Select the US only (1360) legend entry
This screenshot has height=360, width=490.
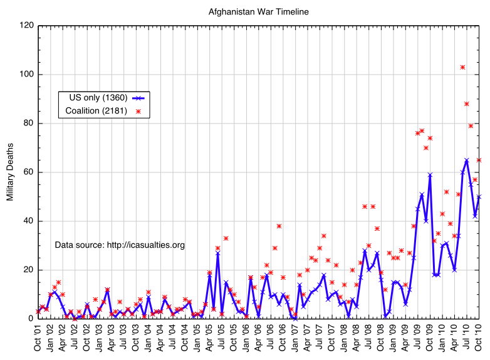pyautogui.click(x=93, y=98)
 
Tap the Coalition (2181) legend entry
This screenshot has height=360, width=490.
pyautogui.click(x=96, y=111)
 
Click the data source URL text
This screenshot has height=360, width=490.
pyautogui.click(x=120, y=245)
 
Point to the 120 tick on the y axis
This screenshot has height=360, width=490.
pyautogui.click(x=26, y=26)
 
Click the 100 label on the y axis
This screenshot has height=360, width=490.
pyautogui.click(x=26, y=75)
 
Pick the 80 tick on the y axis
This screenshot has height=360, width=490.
pyautogui.click(x=28, y=124)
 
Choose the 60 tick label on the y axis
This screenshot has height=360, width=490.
pyautogui.click(x=28, y=172)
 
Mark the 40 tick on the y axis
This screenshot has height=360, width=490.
pyautogui.click(x=28, y=221)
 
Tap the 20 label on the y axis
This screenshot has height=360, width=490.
pyautogui.click(x=28, y=270)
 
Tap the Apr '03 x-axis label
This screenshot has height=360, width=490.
pyautogui.click(x=112, y=339)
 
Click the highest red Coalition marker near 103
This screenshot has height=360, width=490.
pyautogui.click(x=462, y=67)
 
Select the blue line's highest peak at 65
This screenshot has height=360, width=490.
pyautogui.click(x=467, y=160)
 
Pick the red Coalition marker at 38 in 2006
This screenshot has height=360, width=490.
pyautogui.click(x=279, y=226)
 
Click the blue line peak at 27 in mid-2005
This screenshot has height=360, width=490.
pyautogui.click(x=218, y=253)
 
